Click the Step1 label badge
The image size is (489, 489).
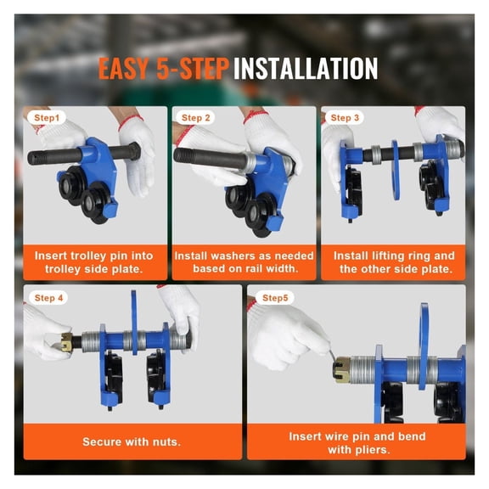pyautogui.click(x=47, y=118)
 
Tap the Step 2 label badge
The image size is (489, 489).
pyautogui.click(x=195, y=118)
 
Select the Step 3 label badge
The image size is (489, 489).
pyautogui.click(x=345, y=118)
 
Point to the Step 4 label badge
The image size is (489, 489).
pyautogui.click(x=48, y=298)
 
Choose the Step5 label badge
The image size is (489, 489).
pyautogui.click(x=275, y=298)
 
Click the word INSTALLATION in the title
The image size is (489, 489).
pyautogui.click(x=306, y=68)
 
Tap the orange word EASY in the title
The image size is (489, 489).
pyautogui.click(x=123, y=68)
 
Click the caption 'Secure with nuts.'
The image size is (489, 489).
pyautogui.click(x=132, y=442)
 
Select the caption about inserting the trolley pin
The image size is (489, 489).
pyautogui.click(x=94, y=262)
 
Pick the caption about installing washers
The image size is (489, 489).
pyautogui.click(x=244, y=262)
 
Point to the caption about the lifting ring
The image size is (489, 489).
pyautogui.click(x=395, y=262)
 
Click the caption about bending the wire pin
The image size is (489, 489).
pyautogui.click(x=357, y=443)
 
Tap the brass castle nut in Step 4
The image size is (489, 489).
pyautogui.click(x=67, y=342)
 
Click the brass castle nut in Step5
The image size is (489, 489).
pyautogui.click(x=342, y=370)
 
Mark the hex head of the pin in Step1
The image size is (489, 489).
pyautogui.click(x=133, y=151)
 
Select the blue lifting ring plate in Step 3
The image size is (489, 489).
pyautogui.click(x=395, y=170)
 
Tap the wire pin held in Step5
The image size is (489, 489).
pyautogui.click(x=332, y=356)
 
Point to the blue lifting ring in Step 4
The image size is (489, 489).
pyautogui.click(x=134, y=323)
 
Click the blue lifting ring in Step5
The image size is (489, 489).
pyautogui.click(x=424, y=346)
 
